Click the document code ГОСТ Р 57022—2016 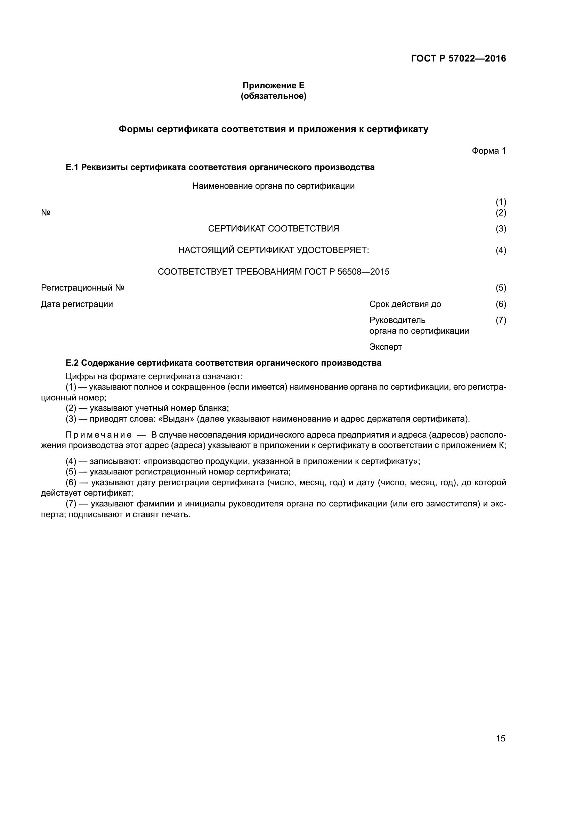tap(459, 58)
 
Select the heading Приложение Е tap(273, 86)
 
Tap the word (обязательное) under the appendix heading tap(273, 96)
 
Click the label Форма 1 tap(488, 151)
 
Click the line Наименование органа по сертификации tap(273, 186)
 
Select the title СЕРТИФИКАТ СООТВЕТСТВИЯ tap(273, 229)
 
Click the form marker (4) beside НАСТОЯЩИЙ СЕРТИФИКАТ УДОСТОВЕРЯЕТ tap(501, 250)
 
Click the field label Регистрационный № tap(82, 288)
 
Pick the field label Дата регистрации tap(77, 304)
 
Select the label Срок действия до tap(405, 304)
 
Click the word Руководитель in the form tap(397, 320)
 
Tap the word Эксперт tap(386, 347)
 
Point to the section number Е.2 tap(72, 363)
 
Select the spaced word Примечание tap(99, 435)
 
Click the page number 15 tap(501, 738)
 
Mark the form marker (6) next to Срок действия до tap(501, 304)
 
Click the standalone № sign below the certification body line tap(46, 213)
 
